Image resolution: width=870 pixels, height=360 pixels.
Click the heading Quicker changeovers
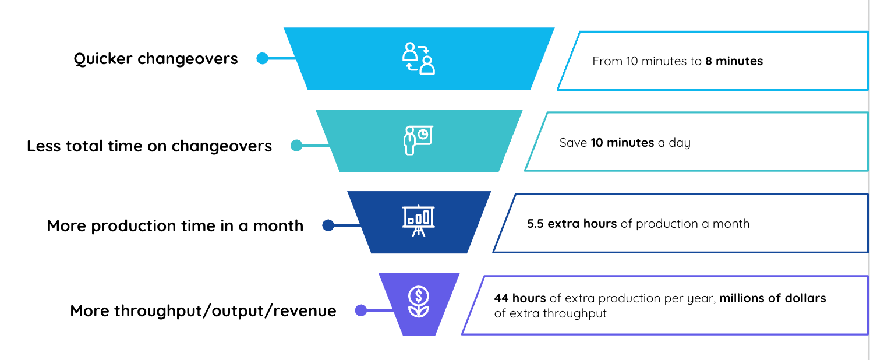click(x=155, y=59)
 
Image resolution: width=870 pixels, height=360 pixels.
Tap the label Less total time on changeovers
click(x=150, y=146)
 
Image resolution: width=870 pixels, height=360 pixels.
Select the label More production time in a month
click(x=175, y=225)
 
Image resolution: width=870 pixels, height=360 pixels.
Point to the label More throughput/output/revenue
click(x=203, y=310)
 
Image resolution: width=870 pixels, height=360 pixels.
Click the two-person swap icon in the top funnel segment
click(x=418, y=58)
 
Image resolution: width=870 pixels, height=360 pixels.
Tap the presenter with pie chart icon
click(x=418, y=140)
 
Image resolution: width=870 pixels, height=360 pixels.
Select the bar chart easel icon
click(x=418, y=221)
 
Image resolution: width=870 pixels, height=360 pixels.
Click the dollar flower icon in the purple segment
click(x=418, y=302)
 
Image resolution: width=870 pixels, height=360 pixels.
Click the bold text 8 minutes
click(x=734, y=61)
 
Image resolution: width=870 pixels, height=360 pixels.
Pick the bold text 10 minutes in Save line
click(x=622, y=143)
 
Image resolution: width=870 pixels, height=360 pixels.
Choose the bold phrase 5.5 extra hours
click(x=572, y=224)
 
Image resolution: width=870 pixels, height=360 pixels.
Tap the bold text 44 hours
click(x=520, y=298)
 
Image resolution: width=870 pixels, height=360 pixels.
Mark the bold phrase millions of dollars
click(x=773, y=298)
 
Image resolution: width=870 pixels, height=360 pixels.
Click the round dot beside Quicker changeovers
click(x=262, y=59)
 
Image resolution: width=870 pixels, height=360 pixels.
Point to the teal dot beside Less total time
click(x=296, y=146)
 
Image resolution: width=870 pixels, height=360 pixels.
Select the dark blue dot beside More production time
click(x=328, y=225)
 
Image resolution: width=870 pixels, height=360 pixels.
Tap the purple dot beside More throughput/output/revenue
click(x=361, y=310)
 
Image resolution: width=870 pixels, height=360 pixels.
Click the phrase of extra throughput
click(x=550, y=313)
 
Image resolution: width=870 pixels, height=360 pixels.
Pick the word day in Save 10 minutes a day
click(x=680, y=143)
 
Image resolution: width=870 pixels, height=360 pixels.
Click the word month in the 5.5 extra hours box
click(x=731, y=224)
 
